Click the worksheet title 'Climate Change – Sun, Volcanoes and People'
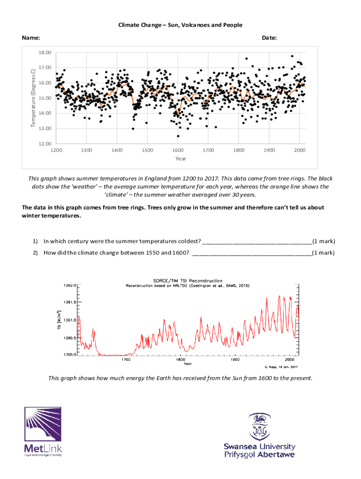click(x=180, y=25)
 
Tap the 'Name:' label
click(x=31, y=37)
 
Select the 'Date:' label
click(x=269, y=37)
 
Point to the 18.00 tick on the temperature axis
click(x=45, y=52)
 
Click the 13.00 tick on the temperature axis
click(x=45, y=129)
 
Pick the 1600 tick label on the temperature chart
click(x=178, y=150)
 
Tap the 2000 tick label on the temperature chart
click(x=300, y=150)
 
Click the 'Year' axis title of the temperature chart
click(x=180, y=159)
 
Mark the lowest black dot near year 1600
click(x=178, y=136)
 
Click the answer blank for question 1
click(x=256, y=242)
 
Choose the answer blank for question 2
click(x=252, y=253)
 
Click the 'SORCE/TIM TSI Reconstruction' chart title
click(x=188, y=281)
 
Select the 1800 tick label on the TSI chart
click(x=180, y=360)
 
